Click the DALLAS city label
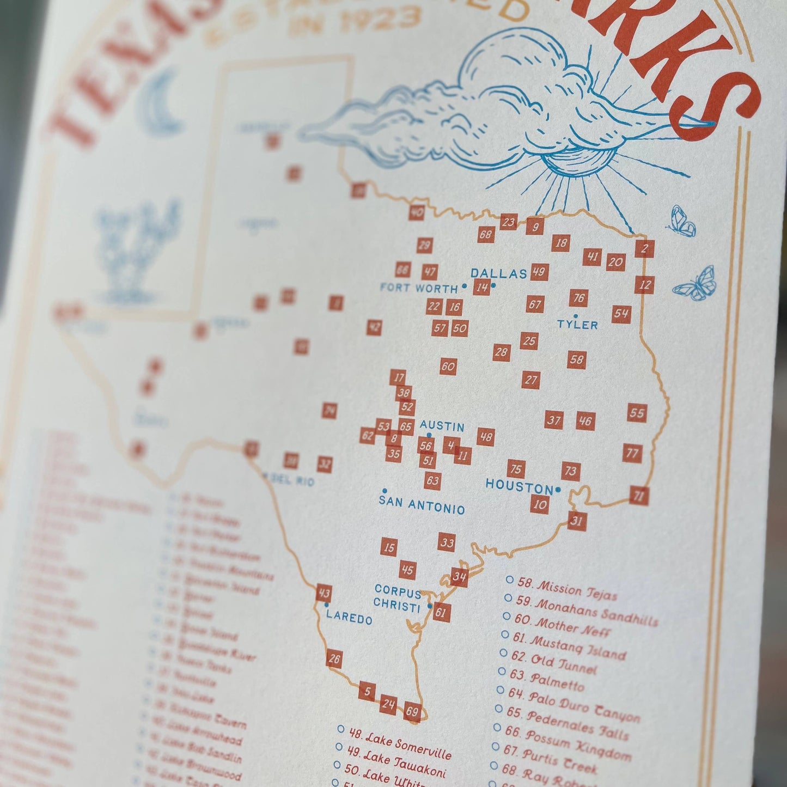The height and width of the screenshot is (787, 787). coord(498,273)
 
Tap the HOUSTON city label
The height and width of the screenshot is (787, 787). coord(519,486)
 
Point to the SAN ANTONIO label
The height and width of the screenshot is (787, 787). coord(422,505)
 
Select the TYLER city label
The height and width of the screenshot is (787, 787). coord(577,325)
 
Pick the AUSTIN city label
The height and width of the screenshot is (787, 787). coord(442,426)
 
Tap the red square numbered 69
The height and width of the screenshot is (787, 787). coord(412,712)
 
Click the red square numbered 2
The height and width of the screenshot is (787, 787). coord(644,249)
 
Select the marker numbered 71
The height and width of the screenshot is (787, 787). coord(639,496)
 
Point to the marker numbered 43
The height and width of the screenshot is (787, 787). coord(324,593)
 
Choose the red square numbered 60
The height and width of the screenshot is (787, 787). coord(448,366)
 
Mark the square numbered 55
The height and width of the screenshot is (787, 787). coord(637,413)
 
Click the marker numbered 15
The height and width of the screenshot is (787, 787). coord(388,547)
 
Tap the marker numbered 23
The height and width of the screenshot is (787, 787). coord(508,222)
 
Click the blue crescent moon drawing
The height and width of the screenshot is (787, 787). coord(161,103)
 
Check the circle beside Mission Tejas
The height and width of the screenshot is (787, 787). coord(509,581)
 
